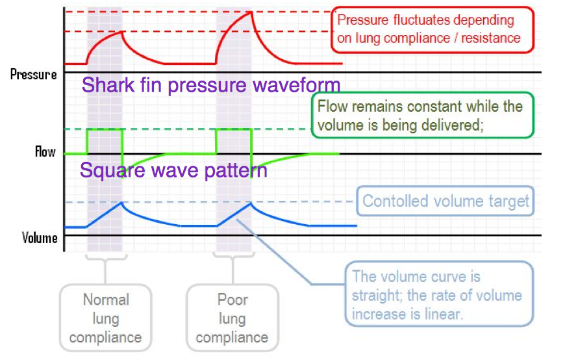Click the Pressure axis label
34,74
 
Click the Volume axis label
40,238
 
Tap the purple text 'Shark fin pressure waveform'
211,85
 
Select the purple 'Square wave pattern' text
173,170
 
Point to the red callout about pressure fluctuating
432,29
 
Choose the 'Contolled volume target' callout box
446,201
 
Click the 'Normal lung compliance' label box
105,318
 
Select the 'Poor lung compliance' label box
232,318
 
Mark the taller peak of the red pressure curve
251,12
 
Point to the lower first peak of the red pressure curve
122,32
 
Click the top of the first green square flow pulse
104,129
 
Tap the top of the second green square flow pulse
234,129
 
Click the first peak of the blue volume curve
122,203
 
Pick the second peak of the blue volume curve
251,203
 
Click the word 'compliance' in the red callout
427,38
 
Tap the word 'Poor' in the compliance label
232,300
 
